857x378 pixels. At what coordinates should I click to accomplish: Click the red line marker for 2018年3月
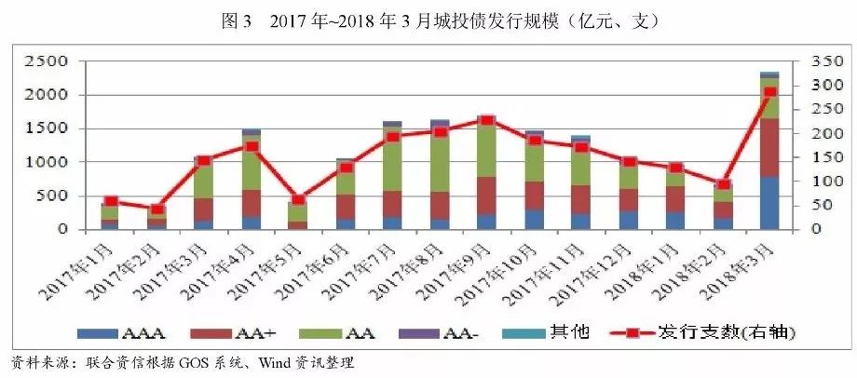coord(769,92)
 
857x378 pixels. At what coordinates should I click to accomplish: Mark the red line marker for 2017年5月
coord(297,199)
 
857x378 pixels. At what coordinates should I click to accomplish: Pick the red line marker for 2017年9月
coord(486,120)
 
